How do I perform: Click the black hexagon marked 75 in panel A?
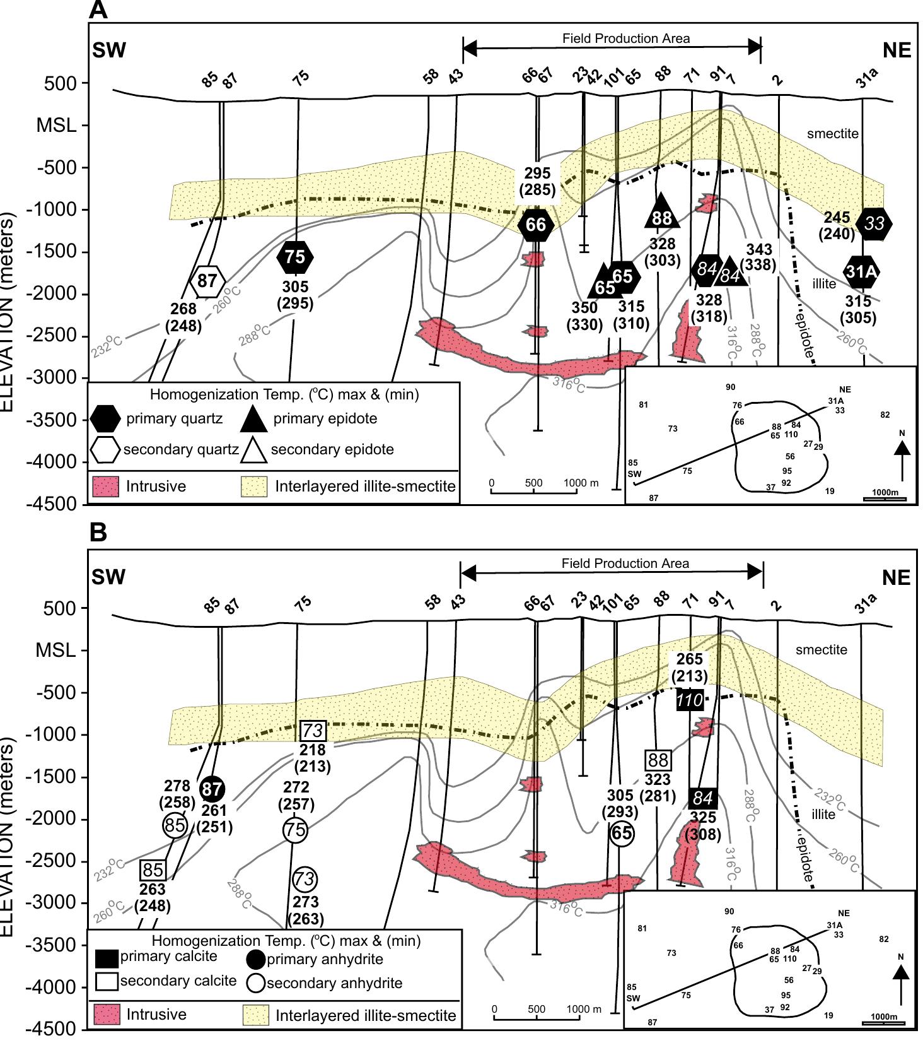tap(295, 257)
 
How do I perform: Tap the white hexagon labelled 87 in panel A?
tap(207, 281)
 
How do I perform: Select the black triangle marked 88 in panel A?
tap(662, 213)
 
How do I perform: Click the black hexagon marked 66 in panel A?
tap(537, 225)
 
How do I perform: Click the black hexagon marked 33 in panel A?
tap(874, 223)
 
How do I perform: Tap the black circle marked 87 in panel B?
tap(212, 789)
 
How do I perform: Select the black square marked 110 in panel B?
tap(689, 700)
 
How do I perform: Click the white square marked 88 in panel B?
tap(658, 760)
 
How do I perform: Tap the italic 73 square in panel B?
tap(313, 731)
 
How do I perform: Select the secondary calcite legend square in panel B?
tap(107, 981)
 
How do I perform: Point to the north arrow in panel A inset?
tap(902, 459)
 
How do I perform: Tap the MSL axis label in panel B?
tap(55, 651)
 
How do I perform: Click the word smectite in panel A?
tap(832, 134)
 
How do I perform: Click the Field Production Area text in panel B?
tap(625, 563)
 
